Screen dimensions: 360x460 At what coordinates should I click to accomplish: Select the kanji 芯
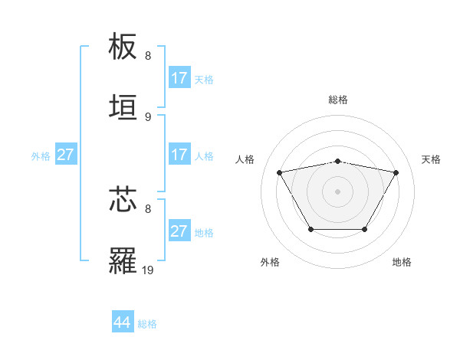click(123, 199)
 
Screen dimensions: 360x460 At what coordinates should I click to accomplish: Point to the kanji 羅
click(123, 260)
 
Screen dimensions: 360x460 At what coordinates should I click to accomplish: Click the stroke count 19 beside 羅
click(149, 270)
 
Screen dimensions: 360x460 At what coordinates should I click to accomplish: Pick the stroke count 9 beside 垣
click(148, 116)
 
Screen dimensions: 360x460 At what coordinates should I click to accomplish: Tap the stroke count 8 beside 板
click(148, 56)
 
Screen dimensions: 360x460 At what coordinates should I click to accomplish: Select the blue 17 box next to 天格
click(179, 78)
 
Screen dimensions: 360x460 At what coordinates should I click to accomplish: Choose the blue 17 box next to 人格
click(179, 155)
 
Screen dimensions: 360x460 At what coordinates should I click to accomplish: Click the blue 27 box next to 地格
click(179, 231)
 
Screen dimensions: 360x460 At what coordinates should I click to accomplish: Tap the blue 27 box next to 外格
click(66, 155)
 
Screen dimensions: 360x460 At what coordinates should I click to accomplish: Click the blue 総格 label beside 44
click(147, 324)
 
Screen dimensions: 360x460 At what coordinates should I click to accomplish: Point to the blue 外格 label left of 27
click(41, 155)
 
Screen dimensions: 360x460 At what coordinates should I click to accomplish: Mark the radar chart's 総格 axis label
click(338, 100)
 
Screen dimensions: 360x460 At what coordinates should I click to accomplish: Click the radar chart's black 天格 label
click(431, 159)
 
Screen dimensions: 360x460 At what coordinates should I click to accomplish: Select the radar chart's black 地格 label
click(402, 262)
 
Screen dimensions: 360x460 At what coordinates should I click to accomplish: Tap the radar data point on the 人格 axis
click(280, 172)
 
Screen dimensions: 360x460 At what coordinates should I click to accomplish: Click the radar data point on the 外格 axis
click(310, 229)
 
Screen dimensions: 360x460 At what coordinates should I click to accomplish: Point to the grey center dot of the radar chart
click(338, 191)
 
